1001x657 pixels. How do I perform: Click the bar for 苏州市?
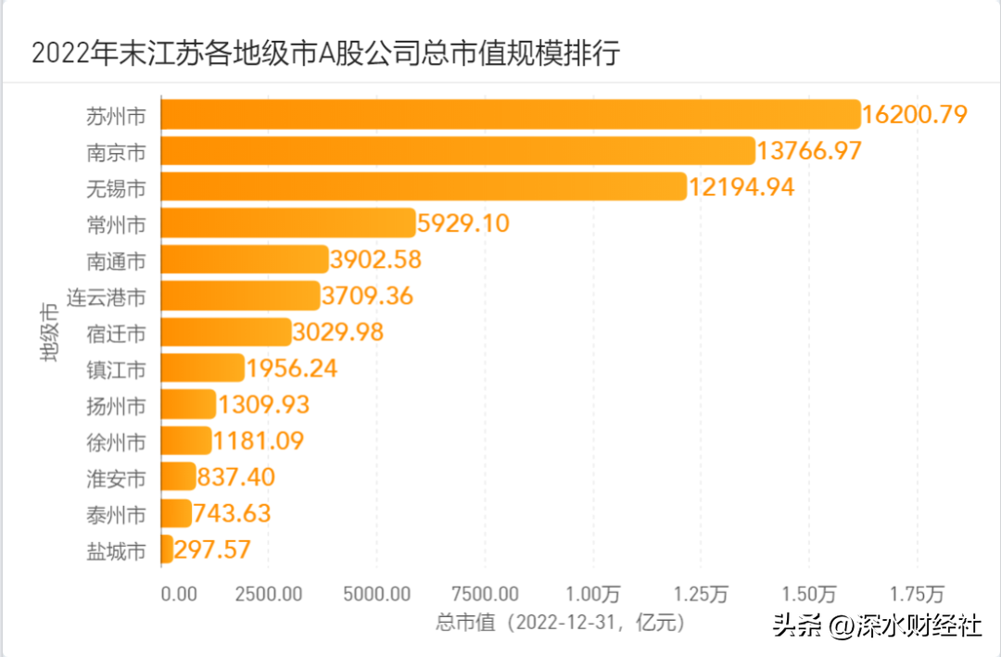pyautogui.click(x=511, y=115)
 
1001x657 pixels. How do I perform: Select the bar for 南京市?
pyautogui.click(x=458, y=151)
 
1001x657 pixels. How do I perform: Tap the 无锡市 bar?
pyautogui.click(x=424, y=187)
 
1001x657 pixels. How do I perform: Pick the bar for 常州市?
pyautogui.click(x=288, y=223)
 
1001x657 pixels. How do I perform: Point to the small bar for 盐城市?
pyautogui.click(x=167, y=550)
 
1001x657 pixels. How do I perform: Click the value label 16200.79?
pyautogui.click(x=915, y=115)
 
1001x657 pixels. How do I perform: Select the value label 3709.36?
pyautogui.click(x=367, y=297)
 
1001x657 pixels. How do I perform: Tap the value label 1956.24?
pyautogui.click(x=292, y=369)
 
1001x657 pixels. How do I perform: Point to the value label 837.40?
pyautogui.click(x=236, y=477)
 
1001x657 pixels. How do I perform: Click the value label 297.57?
pyautogui.click(x=212, y=550)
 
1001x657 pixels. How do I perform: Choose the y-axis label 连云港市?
pyautogui.click(x=106, y=297)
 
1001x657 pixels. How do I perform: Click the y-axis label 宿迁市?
pyautogui.click(x=116, y=334)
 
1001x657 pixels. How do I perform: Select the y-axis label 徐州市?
pyautogui.click(x=116, y=442)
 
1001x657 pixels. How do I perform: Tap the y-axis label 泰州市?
pyautogui.click(x=116, y=514)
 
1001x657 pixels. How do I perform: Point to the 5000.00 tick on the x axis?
pyautogui.click(x=376, y=594)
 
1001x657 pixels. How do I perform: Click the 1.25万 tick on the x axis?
pyautogui.click(x=701, y=594)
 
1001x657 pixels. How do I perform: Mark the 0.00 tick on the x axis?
pyautogui.click(x=179, y=594)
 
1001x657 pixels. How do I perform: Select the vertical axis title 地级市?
pyautogui.click(x=48, y=332)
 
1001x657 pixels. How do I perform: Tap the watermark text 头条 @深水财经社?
pyautogui.click(x=877, y=625)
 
